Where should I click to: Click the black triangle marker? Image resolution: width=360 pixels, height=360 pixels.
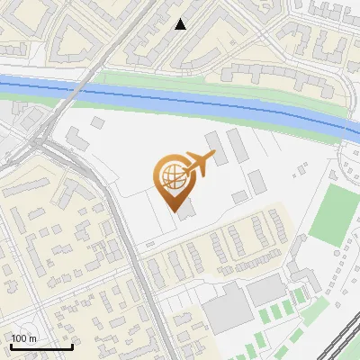pos(181,24)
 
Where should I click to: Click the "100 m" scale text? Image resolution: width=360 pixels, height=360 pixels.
pos(24,338)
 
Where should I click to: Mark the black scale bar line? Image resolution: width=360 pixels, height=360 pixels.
pos(41,347)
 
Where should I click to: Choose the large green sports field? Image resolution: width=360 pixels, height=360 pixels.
pos(336,211)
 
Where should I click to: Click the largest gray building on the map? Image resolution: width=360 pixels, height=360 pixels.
pos(227,305)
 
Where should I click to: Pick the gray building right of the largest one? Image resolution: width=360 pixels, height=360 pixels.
pos(266,290)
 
